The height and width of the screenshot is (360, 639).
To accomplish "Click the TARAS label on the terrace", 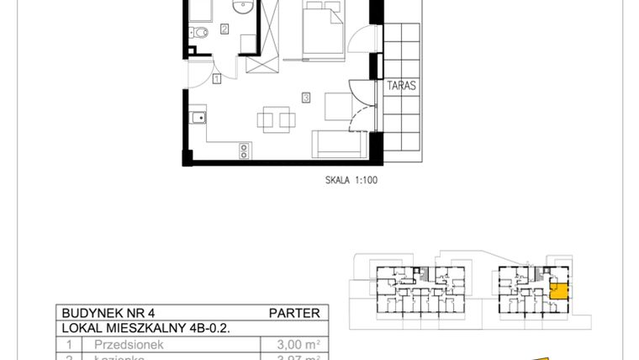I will [403, 86].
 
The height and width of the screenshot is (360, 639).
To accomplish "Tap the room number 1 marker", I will [217, 79].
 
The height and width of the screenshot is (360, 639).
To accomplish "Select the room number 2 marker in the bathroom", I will [224, 29].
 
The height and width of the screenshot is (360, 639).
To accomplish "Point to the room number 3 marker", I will [306, 98].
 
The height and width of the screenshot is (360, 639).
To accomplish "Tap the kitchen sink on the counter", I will [198, 118].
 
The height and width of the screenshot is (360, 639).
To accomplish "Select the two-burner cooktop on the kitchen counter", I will [244, 150].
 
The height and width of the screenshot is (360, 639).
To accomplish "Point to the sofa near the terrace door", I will [336, 144].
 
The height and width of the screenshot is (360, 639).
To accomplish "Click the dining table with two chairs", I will [277, 118].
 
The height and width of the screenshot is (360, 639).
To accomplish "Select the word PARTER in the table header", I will [293, 313].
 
